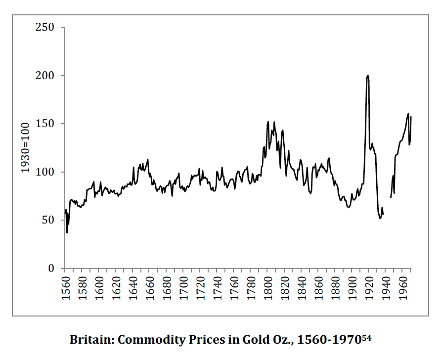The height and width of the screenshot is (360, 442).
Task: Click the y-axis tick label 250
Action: coord(44,28)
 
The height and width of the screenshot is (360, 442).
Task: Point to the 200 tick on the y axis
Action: coord(44,76)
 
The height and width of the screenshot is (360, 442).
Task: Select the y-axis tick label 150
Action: coord(44,124)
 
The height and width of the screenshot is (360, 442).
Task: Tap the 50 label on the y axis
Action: coord(48,221)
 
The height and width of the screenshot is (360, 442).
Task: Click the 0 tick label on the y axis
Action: coord(51,269)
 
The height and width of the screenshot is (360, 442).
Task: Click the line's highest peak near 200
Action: coord(367,76)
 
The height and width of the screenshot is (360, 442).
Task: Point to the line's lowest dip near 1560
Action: coord(67,232)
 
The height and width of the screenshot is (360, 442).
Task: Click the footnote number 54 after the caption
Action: coord(366,337)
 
